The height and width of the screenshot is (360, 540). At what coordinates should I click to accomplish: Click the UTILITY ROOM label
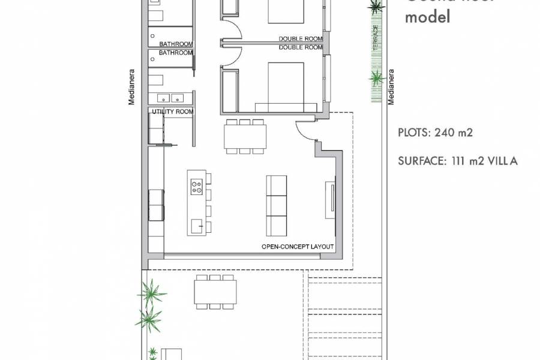click(x=173, y=112)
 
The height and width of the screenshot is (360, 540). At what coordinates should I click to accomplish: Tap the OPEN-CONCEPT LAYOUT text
click(x=298, y=247)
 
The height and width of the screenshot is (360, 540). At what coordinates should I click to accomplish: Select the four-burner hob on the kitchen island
click(x=196, y=187)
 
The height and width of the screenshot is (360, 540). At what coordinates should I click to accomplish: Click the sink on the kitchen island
click(x=196, y=226)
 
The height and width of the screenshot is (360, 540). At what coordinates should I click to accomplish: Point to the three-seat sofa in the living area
click(x=277, y=205)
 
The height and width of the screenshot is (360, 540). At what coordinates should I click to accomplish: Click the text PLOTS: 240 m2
click(x=435, y=133)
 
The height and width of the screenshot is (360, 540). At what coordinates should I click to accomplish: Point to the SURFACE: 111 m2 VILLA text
click(x=457, y=161)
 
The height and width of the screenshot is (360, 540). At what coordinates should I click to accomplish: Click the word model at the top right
click(x=427, y=17)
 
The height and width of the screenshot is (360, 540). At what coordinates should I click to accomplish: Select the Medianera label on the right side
click(x=391, y=87)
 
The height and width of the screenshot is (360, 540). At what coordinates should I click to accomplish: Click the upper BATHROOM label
click(x=176, y=44)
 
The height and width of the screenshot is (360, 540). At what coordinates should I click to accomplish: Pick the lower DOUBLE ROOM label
click(x=301, y=47)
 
